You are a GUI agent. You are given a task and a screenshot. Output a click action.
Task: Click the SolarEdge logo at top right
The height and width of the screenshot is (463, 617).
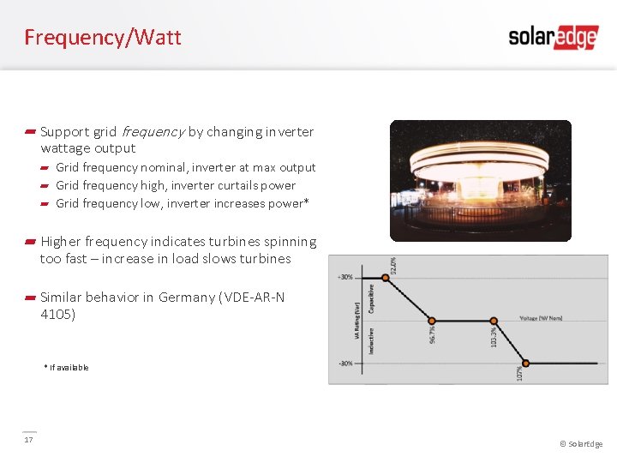[553, 37]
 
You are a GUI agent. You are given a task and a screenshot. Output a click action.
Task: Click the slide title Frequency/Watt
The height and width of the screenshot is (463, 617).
[103, 38]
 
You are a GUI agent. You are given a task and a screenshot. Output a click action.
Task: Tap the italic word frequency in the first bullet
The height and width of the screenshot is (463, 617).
[153, 132]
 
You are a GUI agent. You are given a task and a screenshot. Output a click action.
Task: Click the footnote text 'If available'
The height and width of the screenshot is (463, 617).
[69, 368]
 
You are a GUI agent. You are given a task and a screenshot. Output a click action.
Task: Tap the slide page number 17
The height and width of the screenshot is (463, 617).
[28, 440]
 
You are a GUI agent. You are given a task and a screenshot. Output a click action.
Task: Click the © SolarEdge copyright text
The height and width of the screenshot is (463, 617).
[580, 444]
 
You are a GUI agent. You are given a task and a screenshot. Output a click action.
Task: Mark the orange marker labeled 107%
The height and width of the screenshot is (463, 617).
[526, 364]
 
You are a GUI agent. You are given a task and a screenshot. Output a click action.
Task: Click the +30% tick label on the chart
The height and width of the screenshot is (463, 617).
[344, 277]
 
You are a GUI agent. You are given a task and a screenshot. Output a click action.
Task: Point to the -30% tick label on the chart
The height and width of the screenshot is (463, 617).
[344, 364]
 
